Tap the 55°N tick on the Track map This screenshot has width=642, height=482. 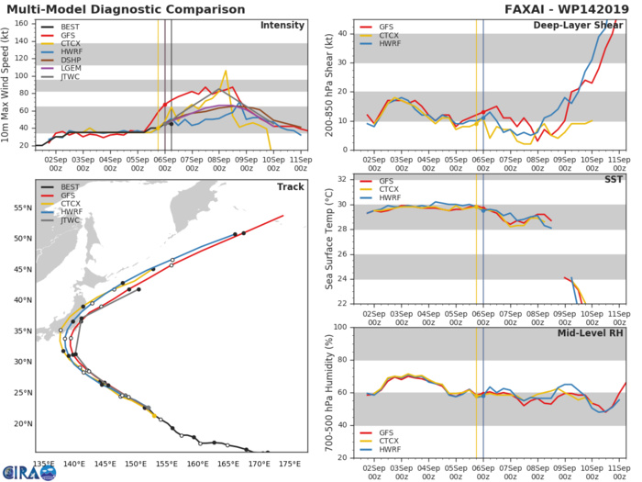click(24, 207)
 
